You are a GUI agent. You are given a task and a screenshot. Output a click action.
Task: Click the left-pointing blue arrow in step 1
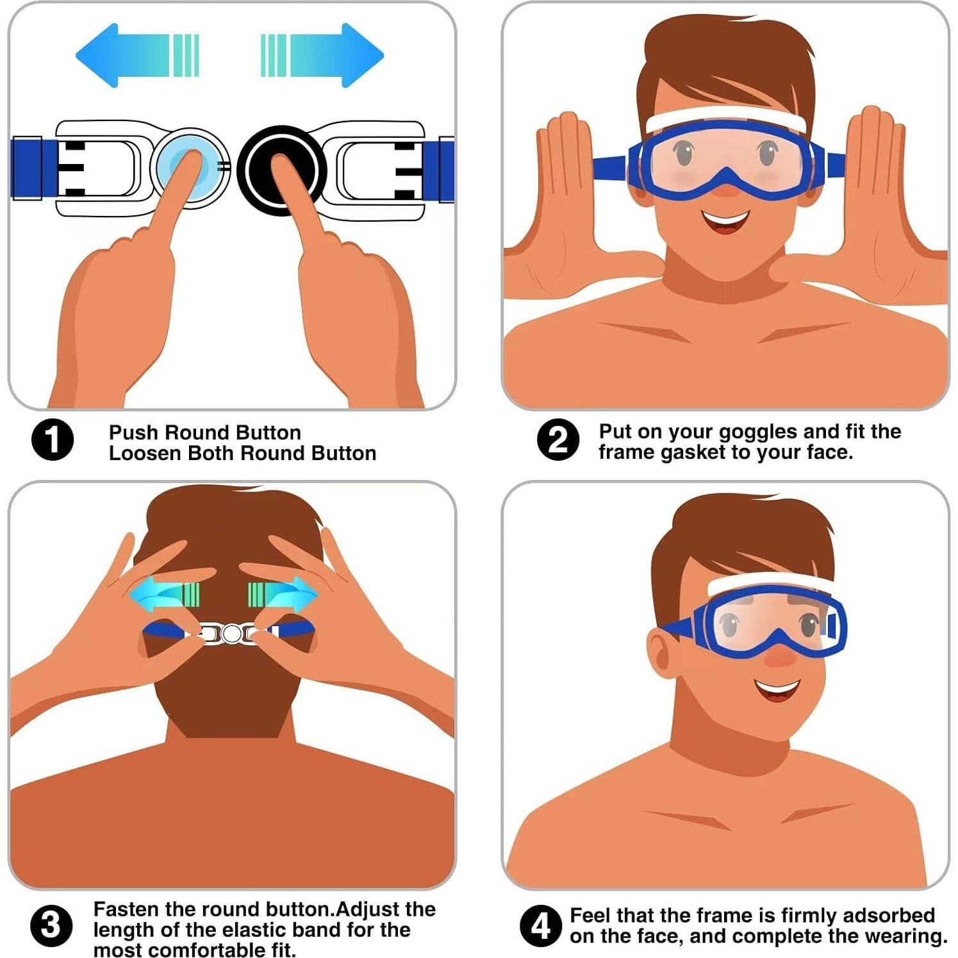(x=128, y=55)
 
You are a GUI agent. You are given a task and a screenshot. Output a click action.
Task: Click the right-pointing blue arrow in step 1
(x=330, y=55)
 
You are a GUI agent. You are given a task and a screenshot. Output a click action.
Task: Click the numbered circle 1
(x=53, y=440)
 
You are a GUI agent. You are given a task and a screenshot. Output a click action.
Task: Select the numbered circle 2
(x=557, y=440)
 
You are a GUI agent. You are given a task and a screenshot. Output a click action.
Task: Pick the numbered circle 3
(x=51, y=925)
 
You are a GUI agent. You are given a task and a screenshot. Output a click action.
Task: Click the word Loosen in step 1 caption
(x=144, y=453)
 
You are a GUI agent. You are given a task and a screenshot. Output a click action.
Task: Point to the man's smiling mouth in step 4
(x=777, y=690)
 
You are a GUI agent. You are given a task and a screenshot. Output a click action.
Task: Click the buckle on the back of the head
(x=231, y=634)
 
